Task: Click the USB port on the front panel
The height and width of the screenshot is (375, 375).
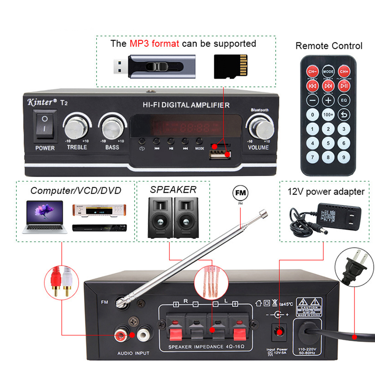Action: (x=220, y=154)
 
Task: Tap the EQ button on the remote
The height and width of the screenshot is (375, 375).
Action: (x=344, y=100)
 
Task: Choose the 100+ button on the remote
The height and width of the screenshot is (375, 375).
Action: (x=328, y=115)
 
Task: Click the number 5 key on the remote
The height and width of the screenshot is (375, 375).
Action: (x=328, y=143)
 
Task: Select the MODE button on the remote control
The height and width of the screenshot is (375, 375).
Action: (x=328, y=72)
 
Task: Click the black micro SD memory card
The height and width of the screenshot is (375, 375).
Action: (x=231, y=67)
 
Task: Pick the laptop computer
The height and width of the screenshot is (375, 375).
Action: (x=45, y=217)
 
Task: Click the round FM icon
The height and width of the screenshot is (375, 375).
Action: (x=240, y=193)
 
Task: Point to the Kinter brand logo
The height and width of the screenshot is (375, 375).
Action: (x=42, y=102)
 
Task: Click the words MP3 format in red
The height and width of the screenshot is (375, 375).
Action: (x=154, y=44)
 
